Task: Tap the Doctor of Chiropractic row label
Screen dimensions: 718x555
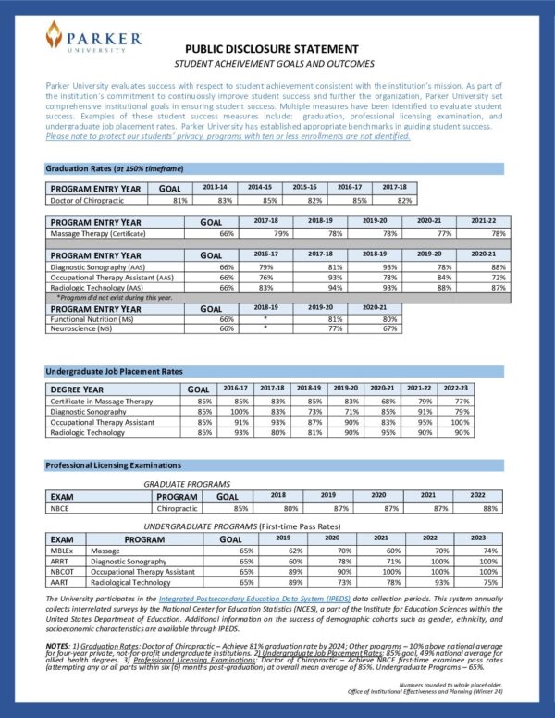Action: pos(88,199)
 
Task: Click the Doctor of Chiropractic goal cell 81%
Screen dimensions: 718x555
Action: pos(180,199)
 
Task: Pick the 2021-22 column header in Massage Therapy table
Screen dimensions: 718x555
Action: pos(487,222)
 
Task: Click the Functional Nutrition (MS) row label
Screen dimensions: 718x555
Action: pos(91,319)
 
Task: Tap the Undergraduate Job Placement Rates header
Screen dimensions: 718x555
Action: pos(115,371)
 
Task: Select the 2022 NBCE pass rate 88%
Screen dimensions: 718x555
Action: pos(489,508)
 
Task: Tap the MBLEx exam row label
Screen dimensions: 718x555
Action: pos(62,550)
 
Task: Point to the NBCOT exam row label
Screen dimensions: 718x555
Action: pos(62,572)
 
